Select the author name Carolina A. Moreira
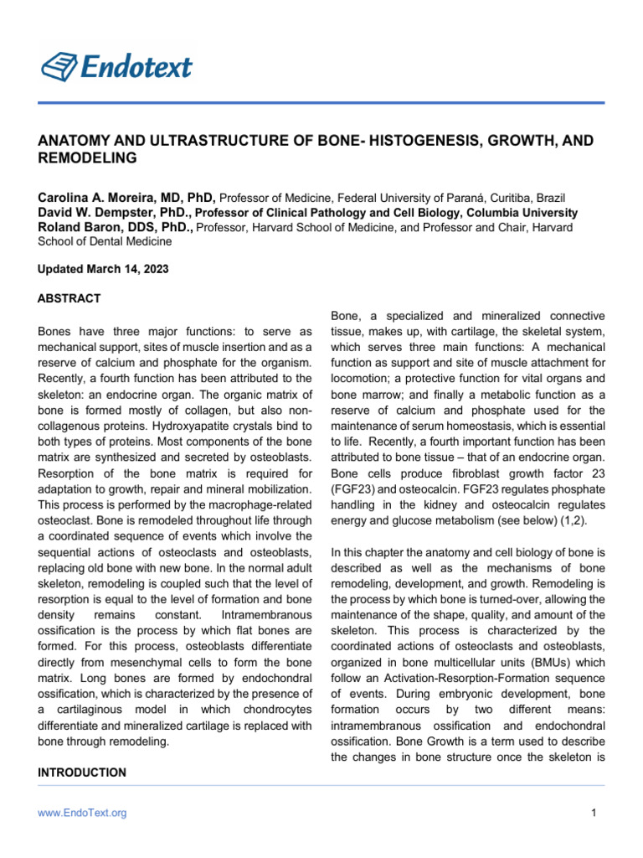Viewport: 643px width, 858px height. (113, 197)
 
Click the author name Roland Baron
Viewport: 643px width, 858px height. (90, 227)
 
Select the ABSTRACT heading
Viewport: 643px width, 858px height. (69, 298)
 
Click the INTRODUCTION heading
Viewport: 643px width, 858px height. (82, 772)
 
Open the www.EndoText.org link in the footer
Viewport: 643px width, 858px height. (82, 813)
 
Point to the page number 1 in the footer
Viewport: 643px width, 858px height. (593, 813)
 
